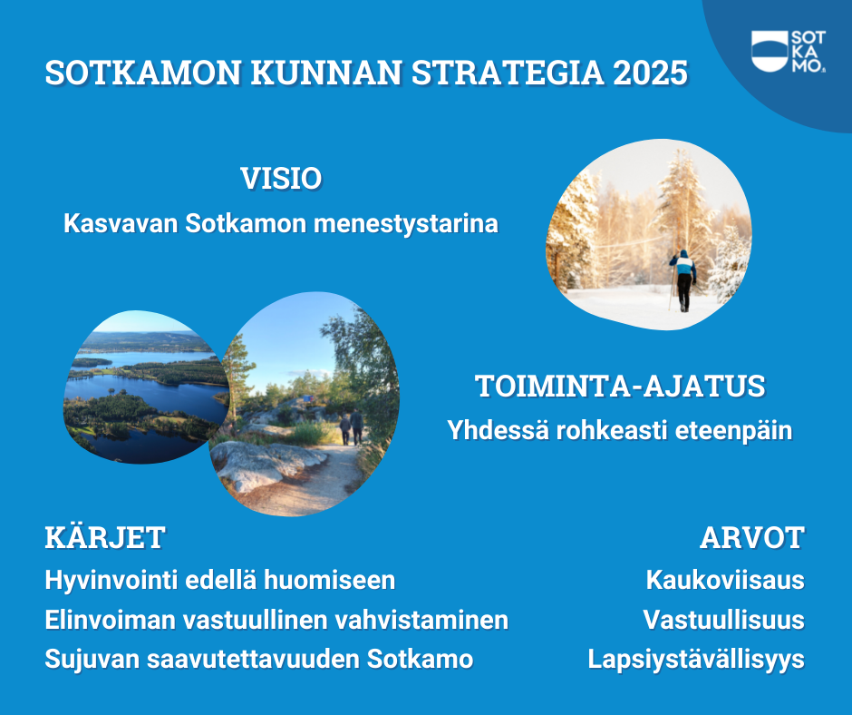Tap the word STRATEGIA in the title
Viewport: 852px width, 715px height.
508,73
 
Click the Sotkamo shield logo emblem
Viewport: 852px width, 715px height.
770,51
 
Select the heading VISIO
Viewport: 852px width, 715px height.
281,179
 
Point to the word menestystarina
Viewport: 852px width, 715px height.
406,223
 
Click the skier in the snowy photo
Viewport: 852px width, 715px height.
683,280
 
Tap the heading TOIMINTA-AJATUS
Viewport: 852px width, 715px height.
620,386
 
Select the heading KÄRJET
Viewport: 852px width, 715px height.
105,536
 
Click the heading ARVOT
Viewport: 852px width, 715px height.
752,537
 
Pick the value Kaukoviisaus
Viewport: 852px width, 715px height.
725,580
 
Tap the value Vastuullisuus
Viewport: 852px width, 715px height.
723,620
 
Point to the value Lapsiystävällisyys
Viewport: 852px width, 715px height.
695,660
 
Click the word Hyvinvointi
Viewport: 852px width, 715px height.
111,581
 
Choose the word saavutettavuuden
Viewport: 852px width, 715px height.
253,659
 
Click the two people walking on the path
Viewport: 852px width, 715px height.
351,427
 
